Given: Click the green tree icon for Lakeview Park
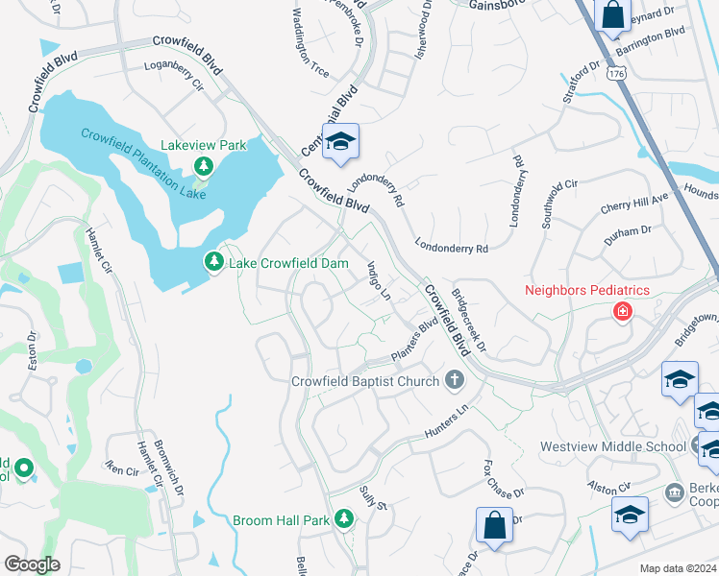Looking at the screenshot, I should pos(203,167).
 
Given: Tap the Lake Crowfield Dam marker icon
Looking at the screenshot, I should pos(212,262).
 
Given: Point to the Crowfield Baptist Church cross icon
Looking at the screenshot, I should pos(456,380).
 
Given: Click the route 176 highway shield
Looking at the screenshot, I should pos(616,73).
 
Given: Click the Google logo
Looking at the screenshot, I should pos(33,564).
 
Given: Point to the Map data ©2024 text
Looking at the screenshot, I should pos(678,568).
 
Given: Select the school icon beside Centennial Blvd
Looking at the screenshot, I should pos(339,143).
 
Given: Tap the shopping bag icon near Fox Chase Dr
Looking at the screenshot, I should pos(494,526).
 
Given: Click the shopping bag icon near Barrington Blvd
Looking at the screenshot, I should pos(612,16).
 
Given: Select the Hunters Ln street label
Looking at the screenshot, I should pos(450,423).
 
